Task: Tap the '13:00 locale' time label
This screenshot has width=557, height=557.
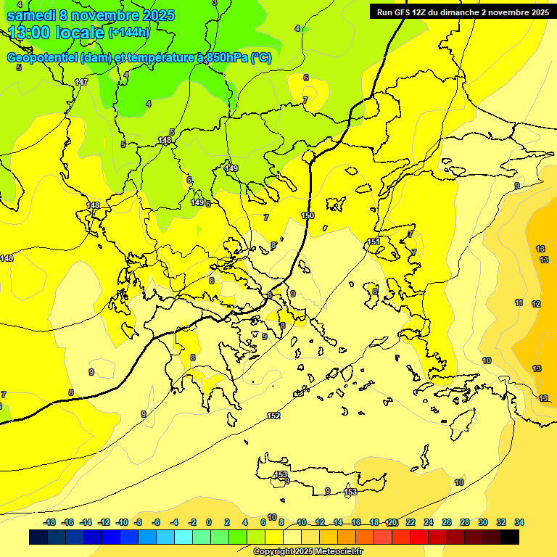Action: click(57, 33)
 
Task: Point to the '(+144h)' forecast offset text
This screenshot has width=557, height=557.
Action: click(128, 33)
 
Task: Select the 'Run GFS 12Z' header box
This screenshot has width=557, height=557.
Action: click(462, 12)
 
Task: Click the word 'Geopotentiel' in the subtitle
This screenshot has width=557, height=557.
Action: click(42, 58)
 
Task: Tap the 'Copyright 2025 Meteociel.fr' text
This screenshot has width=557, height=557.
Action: click(308, 551)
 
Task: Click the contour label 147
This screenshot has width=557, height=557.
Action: click(81, 82)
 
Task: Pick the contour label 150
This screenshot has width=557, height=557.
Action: click(308, 215)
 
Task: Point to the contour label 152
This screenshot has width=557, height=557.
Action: click(273, 416)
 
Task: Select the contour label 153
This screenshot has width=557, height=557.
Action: click(281, 474)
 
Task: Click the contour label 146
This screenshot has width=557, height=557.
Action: click(6, 258)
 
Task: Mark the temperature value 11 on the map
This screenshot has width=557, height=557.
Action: click(519, 302)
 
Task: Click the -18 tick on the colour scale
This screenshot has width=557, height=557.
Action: click(50, 522)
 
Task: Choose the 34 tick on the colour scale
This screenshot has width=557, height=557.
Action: click(519, 522)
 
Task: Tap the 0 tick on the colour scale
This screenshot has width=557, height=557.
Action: click(209, 522)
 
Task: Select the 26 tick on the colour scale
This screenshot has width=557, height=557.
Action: click(447, 522)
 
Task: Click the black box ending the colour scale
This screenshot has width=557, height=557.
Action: click(510, 537)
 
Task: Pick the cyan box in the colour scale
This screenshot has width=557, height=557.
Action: click(183, 537)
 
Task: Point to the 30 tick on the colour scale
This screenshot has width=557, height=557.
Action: click(483, 522)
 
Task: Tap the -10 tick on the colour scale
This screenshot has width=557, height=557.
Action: click(123, 522)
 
